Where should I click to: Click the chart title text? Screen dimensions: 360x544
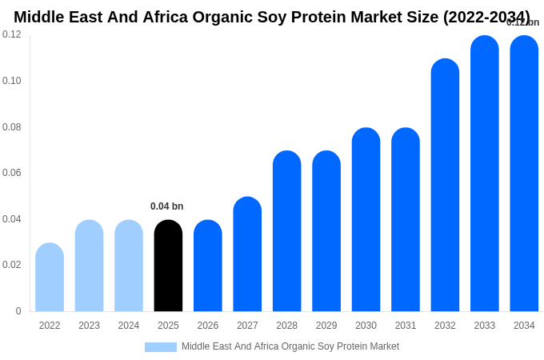pos(271,17)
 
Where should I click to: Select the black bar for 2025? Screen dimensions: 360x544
pos(168,266)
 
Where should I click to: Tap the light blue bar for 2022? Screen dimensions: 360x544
pos(50,277)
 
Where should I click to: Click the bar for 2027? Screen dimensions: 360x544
pos(247,254)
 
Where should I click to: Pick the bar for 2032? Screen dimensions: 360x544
pos(445,185)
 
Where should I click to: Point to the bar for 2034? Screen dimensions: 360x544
pos(524,174)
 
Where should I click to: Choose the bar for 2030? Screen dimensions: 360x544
pos(366,220)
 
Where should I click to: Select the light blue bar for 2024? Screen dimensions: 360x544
pos(129,266)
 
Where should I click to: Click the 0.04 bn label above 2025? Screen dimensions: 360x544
pos(166,206)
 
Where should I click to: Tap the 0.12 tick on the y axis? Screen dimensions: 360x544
pos(12,34)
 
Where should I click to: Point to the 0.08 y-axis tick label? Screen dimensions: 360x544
pos(12,127)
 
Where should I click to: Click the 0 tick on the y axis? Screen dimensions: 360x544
pos(18,311)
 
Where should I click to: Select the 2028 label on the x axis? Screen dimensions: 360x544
pos(286,326)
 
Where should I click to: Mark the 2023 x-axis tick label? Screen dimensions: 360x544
pos(89,326)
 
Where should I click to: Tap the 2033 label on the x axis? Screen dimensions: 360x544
pos(484,326)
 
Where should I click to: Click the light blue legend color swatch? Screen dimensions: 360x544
pos(160,347)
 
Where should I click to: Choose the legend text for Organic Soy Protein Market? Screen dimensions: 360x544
pos(290,346)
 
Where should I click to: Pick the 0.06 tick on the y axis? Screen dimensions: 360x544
pos(12,173)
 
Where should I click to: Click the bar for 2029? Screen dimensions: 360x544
pos(326,231)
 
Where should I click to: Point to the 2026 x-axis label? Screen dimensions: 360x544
pos(208,326)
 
